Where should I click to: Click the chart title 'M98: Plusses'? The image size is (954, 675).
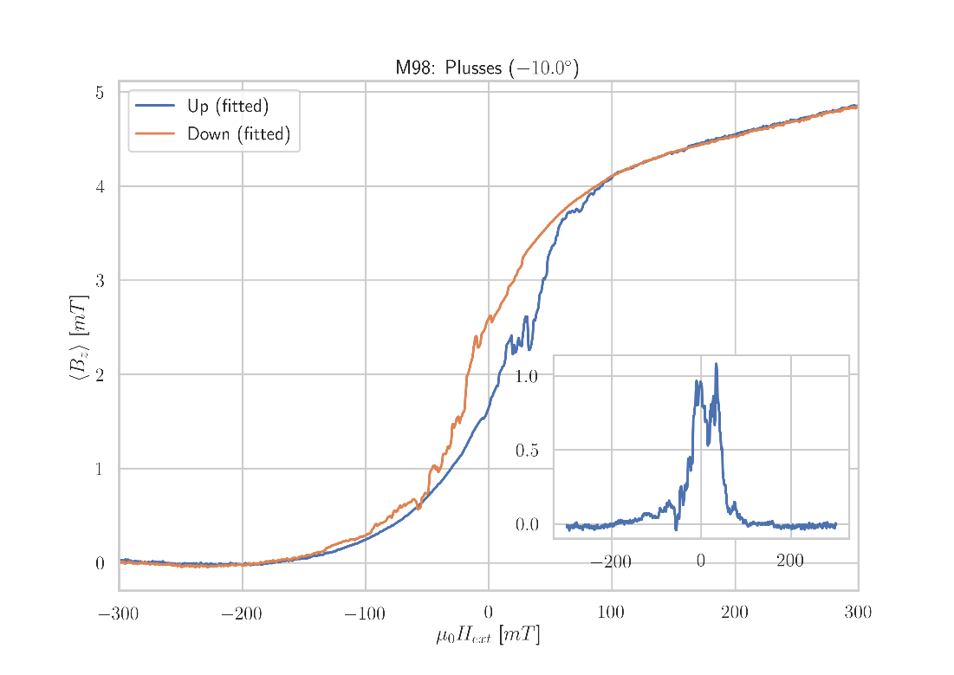[486, 68]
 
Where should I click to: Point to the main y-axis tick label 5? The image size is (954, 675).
[100, 93]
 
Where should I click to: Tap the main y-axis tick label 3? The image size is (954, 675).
[100, 281]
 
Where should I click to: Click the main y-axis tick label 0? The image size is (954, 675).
[100, 564]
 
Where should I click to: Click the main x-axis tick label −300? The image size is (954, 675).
[118, 615]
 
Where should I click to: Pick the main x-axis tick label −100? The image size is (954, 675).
[364, 615]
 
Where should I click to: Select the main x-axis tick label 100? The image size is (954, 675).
[611, 614]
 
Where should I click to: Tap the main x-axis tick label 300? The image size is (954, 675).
[857, 614]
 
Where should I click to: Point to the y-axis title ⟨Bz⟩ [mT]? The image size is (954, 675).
[79, 337]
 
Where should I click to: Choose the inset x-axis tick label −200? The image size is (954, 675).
[610, 562]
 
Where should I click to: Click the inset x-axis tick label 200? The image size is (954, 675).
[790, 561]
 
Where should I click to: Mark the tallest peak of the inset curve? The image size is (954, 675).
[716, 364]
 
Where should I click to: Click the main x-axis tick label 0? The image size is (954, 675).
[488, 614]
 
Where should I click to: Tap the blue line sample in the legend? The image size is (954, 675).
[155, 107]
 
